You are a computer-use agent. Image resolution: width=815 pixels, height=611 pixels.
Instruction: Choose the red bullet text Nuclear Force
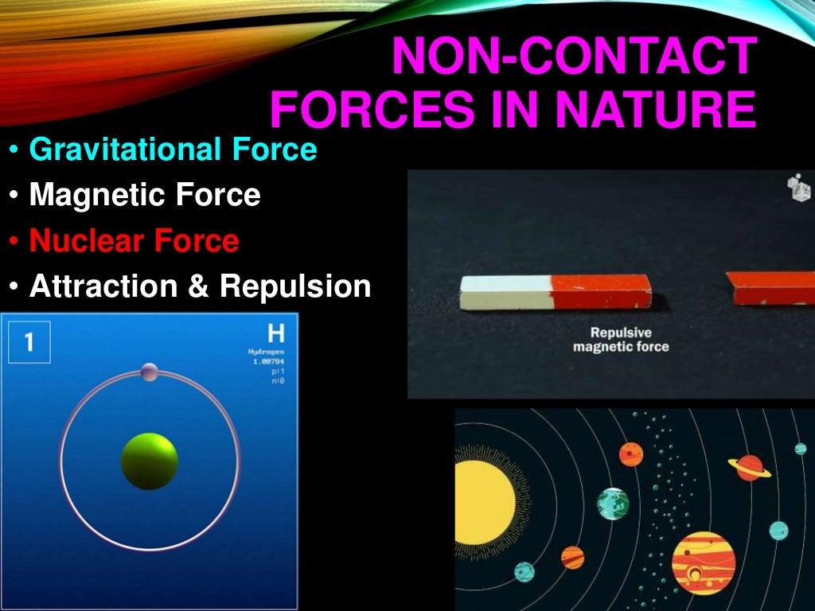coord(134,240)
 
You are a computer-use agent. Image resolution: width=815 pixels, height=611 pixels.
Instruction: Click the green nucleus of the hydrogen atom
coord(150,461)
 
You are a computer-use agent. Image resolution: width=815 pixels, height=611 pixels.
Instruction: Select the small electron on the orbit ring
coord(149,372)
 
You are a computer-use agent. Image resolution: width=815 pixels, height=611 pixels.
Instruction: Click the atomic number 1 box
coord(29,342)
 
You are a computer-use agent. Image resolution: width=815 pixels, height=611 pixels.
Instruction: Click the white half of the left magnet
coord(505,292)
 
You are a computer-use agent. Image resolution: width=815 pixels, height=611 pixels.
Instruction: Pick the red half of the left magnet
coord(601,292)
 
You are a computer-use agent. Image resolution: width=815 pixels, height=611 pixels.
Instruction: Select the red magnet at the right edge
coord(772,288)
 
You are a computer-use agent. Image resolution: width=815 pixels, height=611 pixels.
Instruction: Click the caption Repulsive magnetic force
coord(621,340)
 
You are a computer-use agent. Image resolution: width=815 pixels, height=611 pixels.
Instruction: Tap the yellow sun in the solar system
coord(483,502)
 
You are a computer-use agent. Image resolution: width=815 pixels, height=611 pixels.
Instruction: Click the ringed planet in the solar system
coord(749,468)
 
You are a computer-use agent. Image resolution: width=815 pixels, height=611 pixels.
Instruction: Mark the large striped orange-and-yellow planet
coord(704,562)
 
